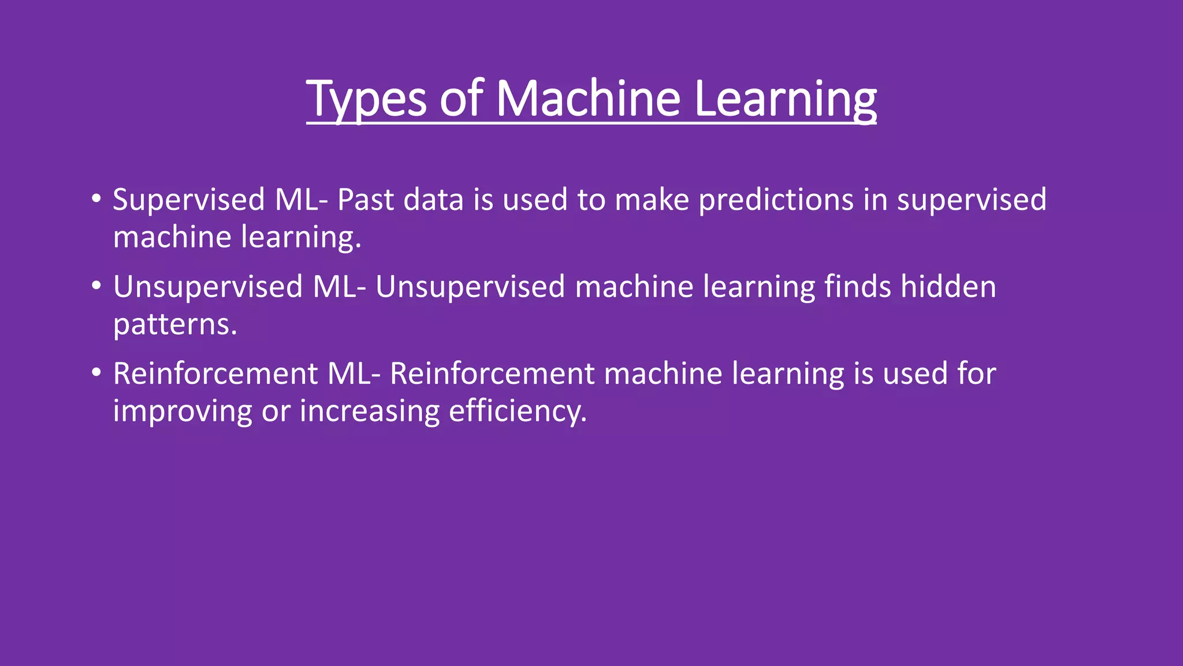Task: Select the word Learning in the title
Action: [x=785, y=99]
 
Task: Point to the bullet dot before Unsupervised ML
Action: [x=96, y=286]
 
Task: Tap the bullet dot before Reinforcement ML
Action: [x=96, y=373]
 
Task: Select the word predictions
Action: [x=776, y=201]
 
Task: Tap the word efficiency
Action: [x=518, y=412]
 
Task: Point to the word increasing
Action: [x=370, y=412]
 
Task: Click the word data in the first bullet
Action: [x=433, y=200]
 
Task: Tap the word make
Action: [x=652, y=200]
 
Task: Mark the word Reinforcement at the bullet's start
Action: [x=215, y=373]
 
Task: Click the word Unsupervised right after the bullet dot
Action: [x=208, y=287]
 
